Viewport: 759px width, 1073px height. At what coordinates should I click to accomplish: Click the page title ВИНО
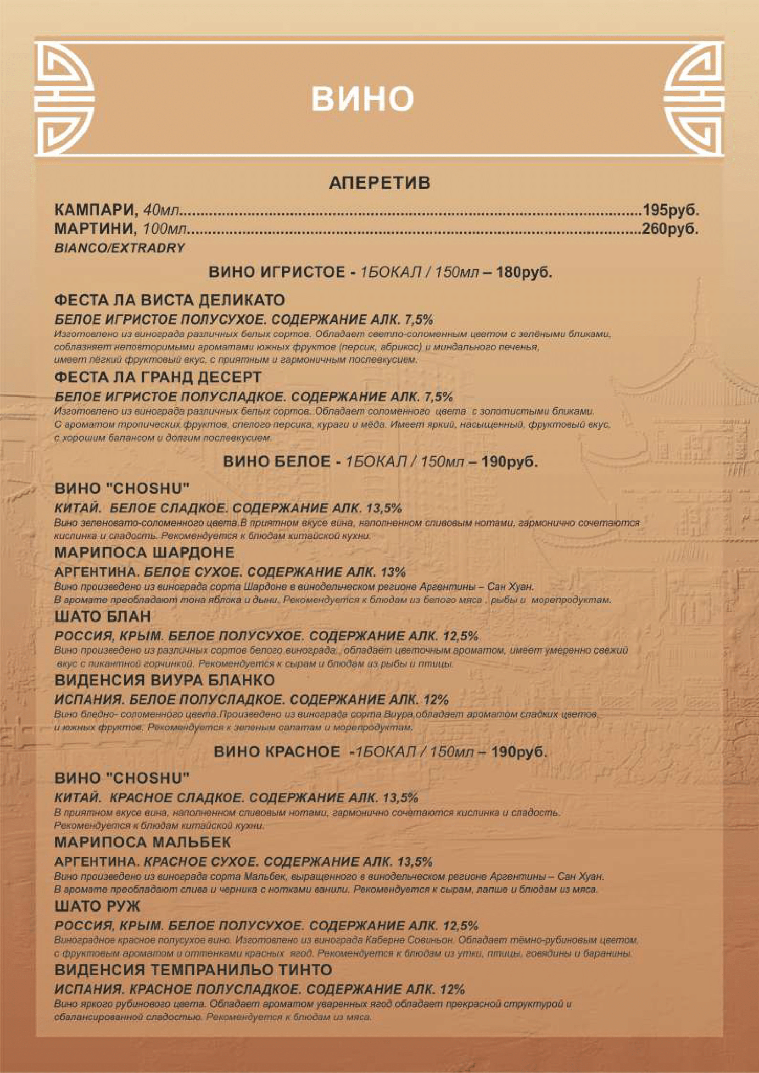click(x=362, y=99)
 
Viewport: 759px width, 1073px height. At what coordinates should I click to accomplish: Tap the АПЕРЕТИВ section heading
click(x=379, y=183)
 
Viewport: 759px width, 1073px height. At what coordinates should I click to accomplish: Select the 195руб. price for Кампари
click(x=671, y=210)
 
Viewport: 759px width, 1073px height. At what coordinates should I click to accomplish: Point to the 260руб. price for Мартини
click(x=671, y=229)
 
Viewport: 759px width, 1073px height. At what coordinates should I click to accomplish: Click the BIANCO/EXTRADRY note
click(x=120, y=248)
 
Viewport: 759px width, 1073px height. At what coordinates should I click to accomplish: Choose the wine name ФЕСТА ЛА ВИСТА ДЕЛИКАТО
click(x=170, y=300)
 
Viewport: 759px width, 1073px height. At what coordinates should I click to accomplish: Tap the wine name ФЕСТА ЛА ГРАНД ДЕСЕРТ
click(x=158, y=377)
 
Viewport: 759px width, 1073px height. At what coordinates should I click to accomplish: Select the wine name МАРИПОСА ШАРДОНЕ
click(x=145, y=552)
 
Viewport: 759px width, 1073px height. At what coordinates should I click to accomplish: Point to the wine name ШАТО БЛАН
click(x=103, y=617)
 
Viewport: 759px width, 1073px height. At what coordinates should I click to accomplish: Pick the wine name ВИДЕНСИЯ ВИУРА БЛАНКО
click(x=165, y=680)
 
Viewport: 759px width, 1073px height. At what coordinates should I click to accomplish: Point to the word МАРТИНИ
click(x=96, y=229)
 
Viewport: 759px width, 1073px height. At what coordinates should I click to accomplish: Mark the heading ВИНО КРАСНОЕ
click(x=277, y=752)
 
